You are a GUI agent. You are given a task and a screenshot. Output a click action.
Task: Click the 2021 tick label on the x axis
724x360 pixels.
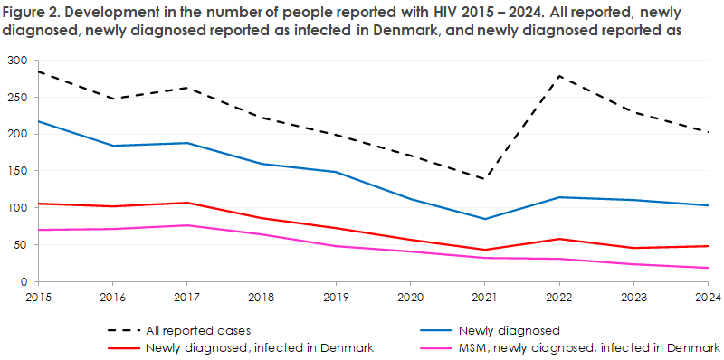point(486,296)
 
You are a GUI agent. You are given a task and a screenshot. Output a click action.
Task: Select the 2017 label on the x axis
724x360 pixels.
point(187,296)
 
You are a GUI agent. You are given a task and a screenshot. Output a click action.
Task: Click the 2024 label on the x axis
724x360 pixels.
point(709,296)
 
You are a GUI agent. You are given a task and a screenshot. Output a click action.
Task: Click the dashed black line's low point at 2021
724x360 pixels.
point(486,179)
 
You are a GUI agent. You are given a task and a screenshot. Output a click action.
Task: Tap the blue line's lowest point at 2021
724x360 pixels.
point(486,219)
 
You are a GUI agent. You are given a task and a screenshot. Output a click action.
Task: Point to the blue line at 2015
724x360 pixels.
point(39,121)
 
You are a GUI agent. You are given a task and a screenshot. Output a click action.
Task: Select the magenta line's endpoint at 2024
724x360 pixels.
point(709,268)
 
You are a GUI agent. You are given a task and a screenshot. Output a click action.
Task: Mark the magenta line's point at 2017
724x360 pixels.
point(187,225)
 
